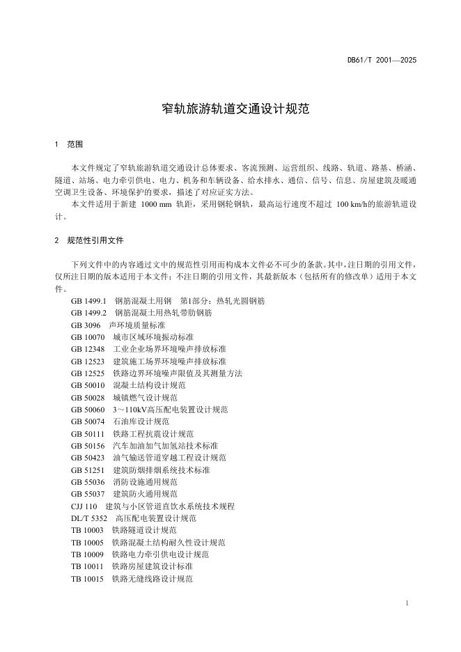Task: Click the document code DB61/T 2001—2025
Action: [x=382, y=61]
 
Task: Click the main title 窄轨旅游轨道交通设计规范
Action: [x=230, y=109]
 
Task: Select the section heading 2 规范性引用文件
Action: [x=88, y=240]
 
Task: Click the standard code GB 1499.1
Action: [x=88, y=301]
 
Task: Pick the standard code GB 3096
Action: [x=85, y=325]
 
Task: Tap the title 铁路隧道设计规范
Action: [x=144, y=530]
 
